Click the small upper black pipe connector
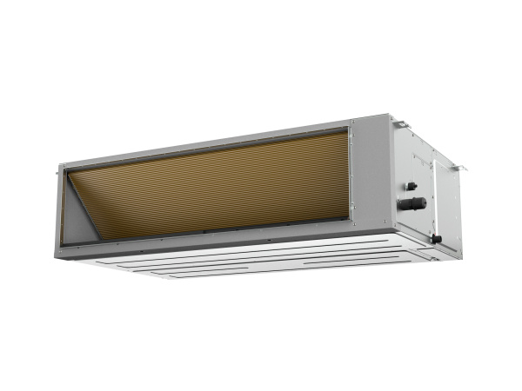(411, 185)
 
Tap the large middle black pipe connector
(413, 204)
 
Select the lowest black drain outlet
(435, 238)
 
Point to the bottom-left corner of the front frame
(63, 246)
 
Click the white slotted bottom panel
(261, 256)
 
